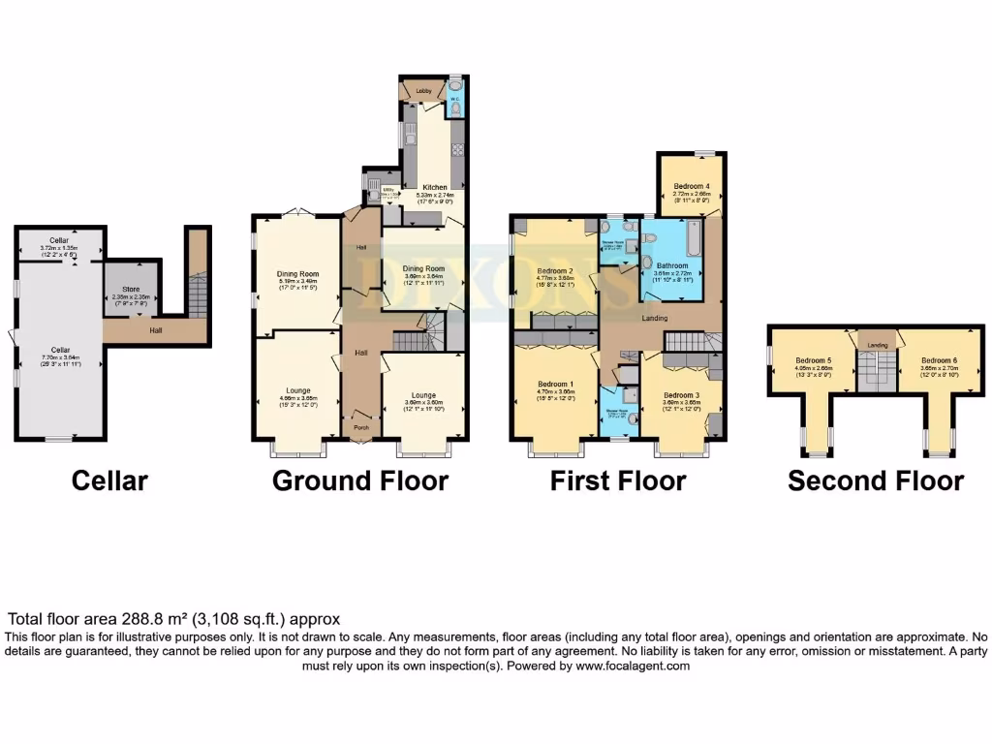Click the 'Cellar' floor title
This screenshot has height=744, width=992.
[x=109, y=480]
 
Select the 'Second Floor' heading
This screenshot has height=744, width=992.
[x=876, y=480]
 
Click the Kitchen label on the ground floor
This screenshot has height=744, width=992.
[x=434, y=187]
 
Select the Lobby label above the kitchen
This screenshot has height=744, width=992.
[x=423, y=91]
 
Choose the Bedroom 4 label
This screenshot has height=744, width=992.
[x=692, y=185]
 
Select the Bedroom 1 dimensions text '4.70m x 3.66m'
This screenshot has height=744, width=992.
[x=557, y=391]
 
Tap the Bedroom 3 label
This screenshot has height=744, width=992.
[x=682, y=395]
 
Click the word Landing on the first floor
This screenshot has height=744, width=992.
[x=658, y=318]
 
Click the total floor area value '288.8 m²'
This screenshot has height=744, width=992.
[x=158, y=618]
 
